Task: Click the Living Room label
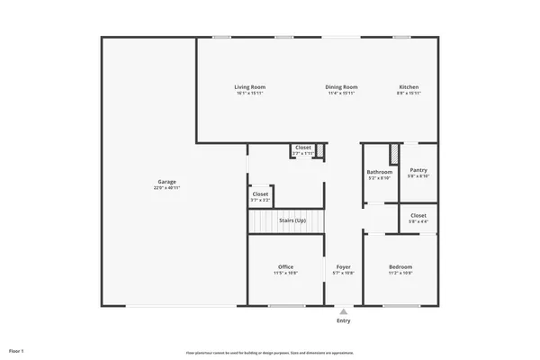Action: pyautogui.click(x=250, y=87)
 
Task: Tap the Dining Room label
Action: pyautogui.click(x=341, y=87)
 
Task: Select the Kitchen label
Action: pyautogui.click(x=409, y=87)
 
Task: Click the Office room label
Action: pyautogui.click(x=286, y=266)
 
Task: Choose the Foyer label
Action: pyautogui.click(x=343, y=266)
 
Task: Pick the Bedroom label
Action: pyautogui.click(x=400, y=266)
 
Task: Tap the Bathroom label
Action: pyautogui.click(x=379, y=172)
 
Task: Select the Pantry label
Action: pyautogui.click(x=418, y=170)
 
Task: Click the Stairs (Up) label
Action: pyautogui.click(x=292, y=220)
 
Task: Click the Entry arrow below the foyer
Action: pyautogui.click(x=343, y=311)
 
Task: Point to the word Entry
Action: pyautogui.click(x=343, y=320)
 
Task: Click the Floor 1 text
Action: pyautogui.click(x=16, y=349)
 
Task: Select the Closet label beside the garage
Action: pyautogui.click(x=260, y=193)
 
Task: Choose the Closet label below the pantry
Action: pyautogui.click(x=418, y=215)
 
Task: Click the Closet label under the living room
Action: pyautogui.click(x=303, y=147)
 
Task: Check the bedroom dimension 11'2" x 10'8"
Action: pyautogui.click(x=400, y=273)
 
